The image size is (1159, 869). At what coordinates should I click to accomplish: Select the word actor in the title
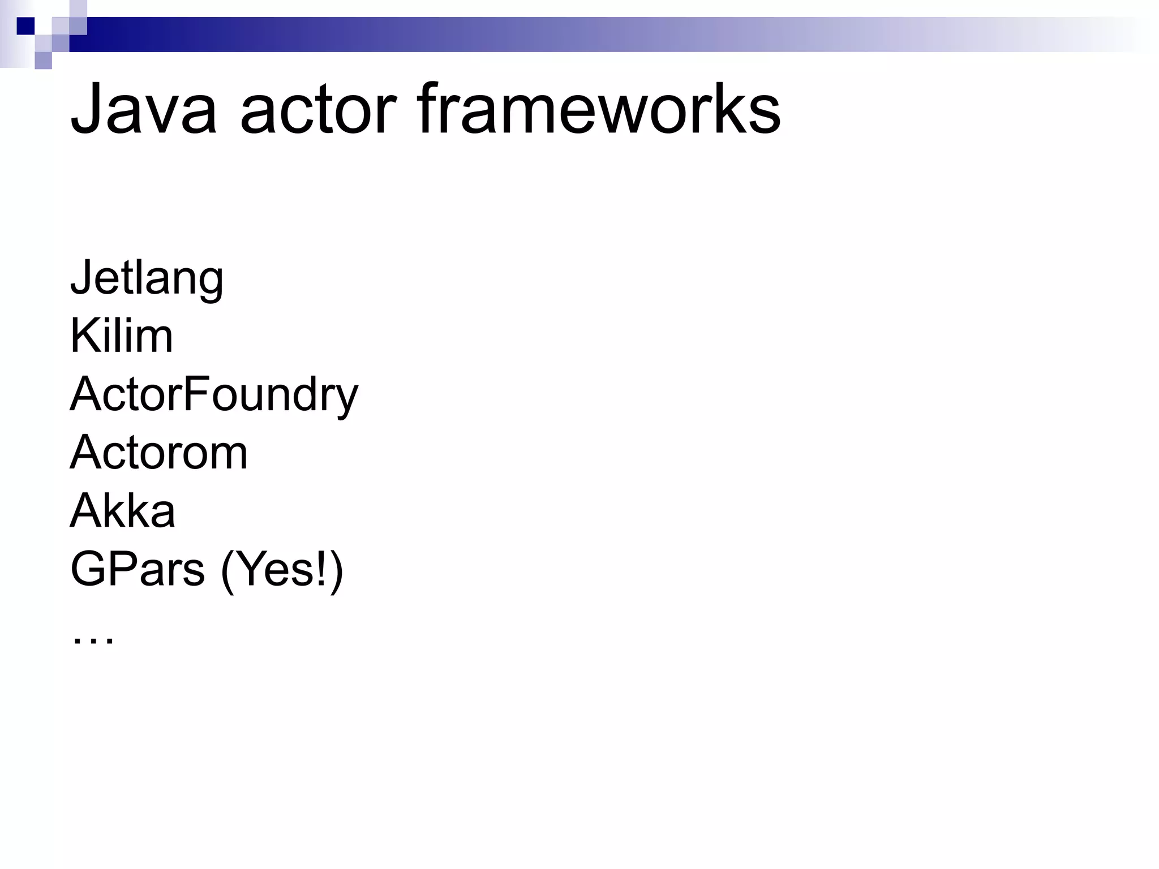318,109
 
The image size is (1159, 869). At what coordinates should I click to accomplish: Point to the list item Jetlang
147,278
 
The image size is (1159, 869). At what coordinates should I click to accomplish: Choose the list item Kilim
121,336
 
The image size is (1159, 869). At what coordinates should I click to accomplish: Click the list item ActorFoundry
214,395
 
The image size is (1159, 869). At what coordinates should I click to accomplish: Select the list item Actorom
159,453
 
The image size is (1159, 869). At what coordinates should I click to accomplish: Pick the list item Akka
122,511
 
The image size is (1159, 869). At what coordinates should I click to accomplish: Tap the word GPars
137,569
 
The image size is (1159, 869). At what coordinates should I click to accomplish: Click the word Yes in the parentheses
273,569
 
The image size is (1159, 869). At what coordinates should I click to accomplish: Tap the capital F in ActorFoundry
196,394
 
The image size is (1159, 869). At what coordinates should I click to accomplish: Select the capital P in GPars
125,569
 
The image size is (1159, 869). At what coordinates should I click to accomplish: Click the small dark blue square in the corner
25,26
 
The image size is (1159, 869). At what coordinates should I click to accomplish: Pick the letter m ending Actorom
229,455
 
